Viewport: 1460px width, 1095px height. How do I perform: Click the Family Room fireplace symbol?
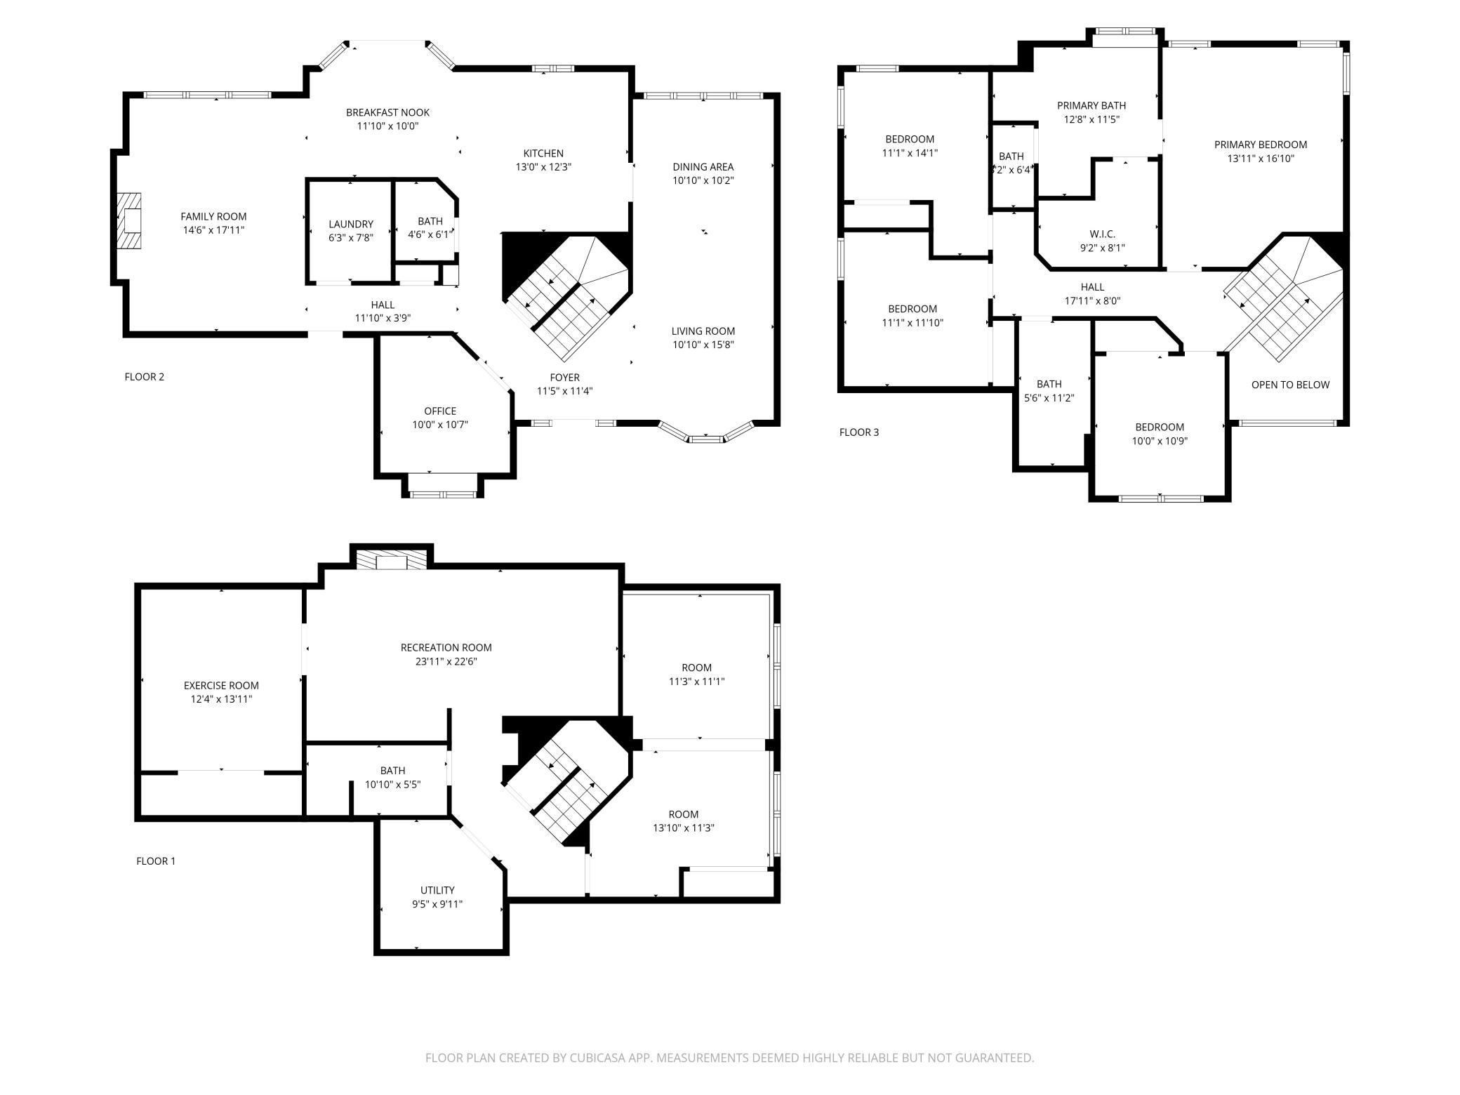[129, 221]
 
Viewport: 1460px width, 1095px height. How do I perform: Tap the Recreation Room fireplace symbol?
[392, 560]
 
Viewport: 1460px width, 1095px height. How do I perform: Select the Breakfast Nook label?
[387, 112]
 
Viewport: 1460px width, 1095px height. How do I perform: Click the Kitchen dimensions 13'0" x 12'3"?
[543, 167]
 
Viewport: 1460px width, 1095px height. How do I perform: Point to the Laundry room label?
[351, 225]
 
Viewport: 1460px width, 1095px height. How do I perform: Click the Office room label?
[440, 411]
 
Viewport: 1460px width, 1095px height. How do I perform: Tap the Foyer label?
[565, 378]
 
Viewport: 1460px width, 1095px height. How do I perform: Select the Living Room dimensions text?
[703, 345]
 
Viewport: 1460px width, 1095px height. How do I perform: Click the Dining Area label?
[703, 167]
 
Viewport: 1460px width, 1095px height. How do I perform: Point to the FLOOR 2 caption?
[145, 377]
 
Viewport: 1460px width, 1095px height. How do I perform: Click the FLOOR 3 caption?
[859, 432]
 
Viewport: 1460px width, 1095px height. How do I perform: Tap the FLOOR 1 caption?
[156, 861]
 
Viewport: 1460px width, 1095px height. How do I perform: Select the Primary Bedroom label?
[1261, 145]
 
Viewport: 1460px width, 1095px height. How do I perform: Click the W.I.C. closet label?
[1103, 234]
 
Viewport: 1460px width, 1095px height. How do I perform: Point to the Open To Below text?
[1290, 385]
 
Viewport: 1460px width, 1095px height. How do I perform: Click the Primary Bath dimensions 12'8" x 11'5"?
[1091, 119]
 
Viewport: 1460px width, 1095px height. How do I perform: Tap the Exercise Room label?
[221, 686]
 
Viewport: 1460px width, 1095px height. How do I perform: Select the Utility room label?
[437, 891]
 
